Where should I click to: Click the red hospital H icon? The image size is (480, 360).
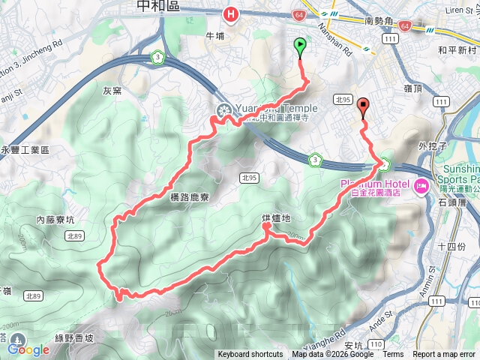coord(232,13)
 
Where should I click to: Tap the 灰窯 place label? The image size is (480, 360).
coord(111,90)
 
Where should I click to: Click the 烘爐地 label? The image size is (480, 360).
coord(275,218)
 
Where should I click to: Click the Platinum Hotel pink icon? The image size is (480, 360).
coord(420,184)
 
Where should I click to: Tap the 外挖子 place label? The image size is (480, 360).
coord(433,145)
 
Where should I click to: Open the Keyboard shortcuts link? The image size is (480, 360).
coord(250,355)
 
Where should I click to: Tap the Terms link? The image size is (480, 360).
coord(393,355)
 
